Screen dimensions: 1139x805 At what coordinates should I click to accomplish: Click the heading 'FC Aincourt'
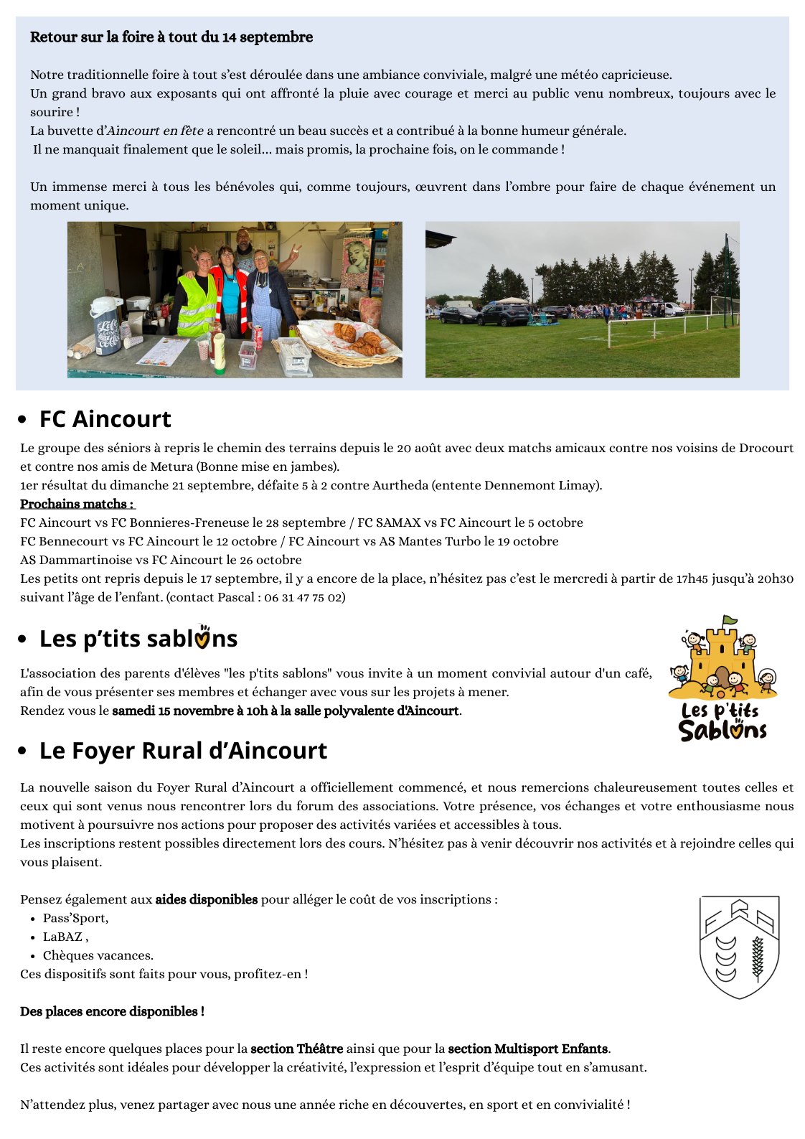pos(105,419)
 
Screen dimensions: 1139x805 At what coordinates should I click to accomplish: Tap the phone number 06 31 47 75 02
pos(304,597)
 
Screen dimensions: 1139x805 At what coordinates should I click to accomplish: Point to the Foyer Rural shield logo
pos(739,947)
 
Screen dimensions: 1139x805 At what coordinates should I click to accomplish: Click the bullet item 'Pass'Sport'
pos(75,918)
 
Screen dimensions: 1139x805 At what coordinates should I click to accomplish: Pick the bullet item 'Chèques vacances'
pos(98,955)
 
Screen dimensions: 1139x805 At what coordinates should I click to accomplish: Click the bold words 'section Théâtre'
pos(296,1049)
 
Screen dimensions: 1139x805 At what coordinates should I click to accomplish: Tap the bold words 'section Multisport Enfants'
pos(527,1049)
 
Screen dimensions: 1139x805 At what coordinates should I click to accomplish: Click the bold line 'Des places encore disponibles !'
pos(112,1011)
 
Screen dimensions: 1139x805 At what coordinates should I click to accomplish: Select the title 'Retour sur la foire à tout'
pos(171,37)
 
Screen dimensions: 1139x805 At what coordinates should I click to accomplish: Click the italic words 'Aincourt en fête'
pos(155,131)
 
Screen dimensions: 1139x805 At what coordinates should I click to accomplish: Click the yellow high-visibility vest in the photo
pos(196,305)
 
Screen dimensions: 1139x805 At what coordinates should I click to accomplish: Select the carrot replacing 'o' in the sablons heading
pos(203,637)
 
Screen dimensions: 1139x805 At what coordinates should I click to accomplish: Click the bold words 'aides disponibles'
pos(206,899)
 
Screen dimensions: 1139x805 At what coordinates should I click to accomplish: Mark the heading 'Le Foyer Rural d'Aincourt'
pos(183,751)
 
